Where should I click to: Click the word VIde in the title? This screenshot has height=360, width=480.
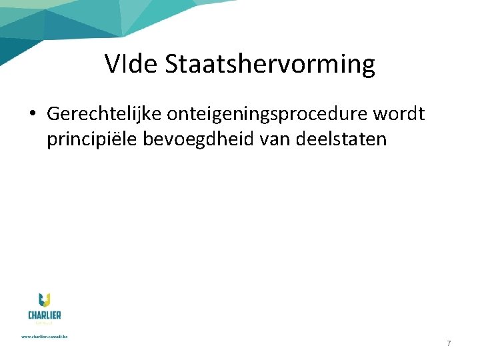coord(131,65)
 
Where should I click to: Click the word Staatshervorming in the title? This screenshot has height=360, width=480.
coord(270,65)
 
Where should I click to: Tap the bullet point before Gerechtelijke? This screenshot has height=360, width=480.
coord(32,114)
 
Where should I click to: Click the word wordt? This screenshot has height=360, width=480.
coord(401,114)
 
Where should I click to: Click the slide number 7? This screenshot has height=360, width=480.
coord(449,343)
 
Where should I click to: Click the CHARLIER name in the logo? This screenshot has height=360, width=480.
coord(45,315)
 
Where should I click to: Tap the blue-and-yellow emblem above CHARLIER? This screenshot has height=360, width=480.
coord(45,299)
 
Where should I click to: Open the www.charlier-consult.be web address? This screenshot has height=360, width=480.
coord(45,336)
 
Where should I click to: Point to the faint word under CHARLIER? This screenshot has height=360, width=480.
coord(45,323)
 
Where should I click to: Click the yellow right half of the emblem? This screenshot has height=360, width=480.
coord(48,300)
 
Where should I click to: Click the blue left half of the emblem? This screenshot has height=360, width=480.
coord(41,300)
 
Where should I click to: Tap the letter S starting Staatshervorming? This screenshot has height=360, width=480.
coord(171,65)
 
